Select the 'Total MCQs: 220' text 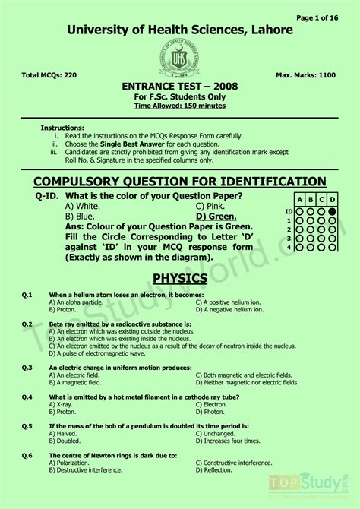pyautogui.click(x=50, y=76)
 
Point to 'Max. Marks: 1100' pyautogui.click(x=307, y=76)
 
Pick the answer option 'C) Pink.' pyautogui.click(x=210, y=206)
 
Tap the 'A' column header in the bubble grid pyautogui.click(x=299, y=200)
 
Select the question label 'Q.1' pyautogui.click(x=27, y=294)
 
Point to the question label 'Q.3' pyautogui.click(x=27, y=367)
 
